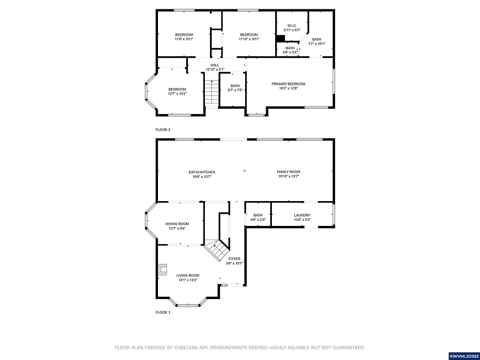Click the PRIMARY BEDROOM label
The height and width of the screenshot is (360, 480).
click(288, 84)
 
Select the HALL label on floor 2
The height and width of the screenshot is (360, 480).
click(215, 65)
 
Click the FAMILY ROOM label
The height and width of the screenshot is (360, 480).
click(288, 172)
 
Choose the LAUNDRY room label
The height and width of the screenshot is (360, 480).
click(302, 215)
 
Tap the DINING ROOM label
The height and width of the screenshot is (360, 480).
click(177, 224)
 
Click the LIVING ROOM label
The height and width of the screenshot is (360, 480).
click(187, 276)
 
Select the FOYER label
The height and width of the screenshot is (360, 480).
click(234, 259)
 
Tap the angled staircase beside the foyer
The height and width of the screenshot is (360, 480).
click(217, 251)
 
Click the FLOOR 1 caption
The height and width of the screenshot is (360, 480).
click(163, 312)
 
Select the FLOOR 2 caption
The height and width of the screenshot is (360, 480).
click(163, 129)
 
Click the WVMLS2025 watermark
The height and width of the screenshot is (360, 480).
click(464, 356)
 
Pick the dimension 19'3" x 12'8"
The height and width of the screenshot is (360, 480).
click(288, 88)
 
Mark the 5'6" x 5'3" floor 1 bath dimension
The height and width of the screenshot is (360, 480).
click(258, 220)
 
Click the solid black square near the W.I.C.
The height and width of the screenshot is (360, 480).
click(280, 39)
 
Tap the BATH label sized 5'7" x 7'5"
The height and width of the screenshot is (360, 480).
click(235, 86)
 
